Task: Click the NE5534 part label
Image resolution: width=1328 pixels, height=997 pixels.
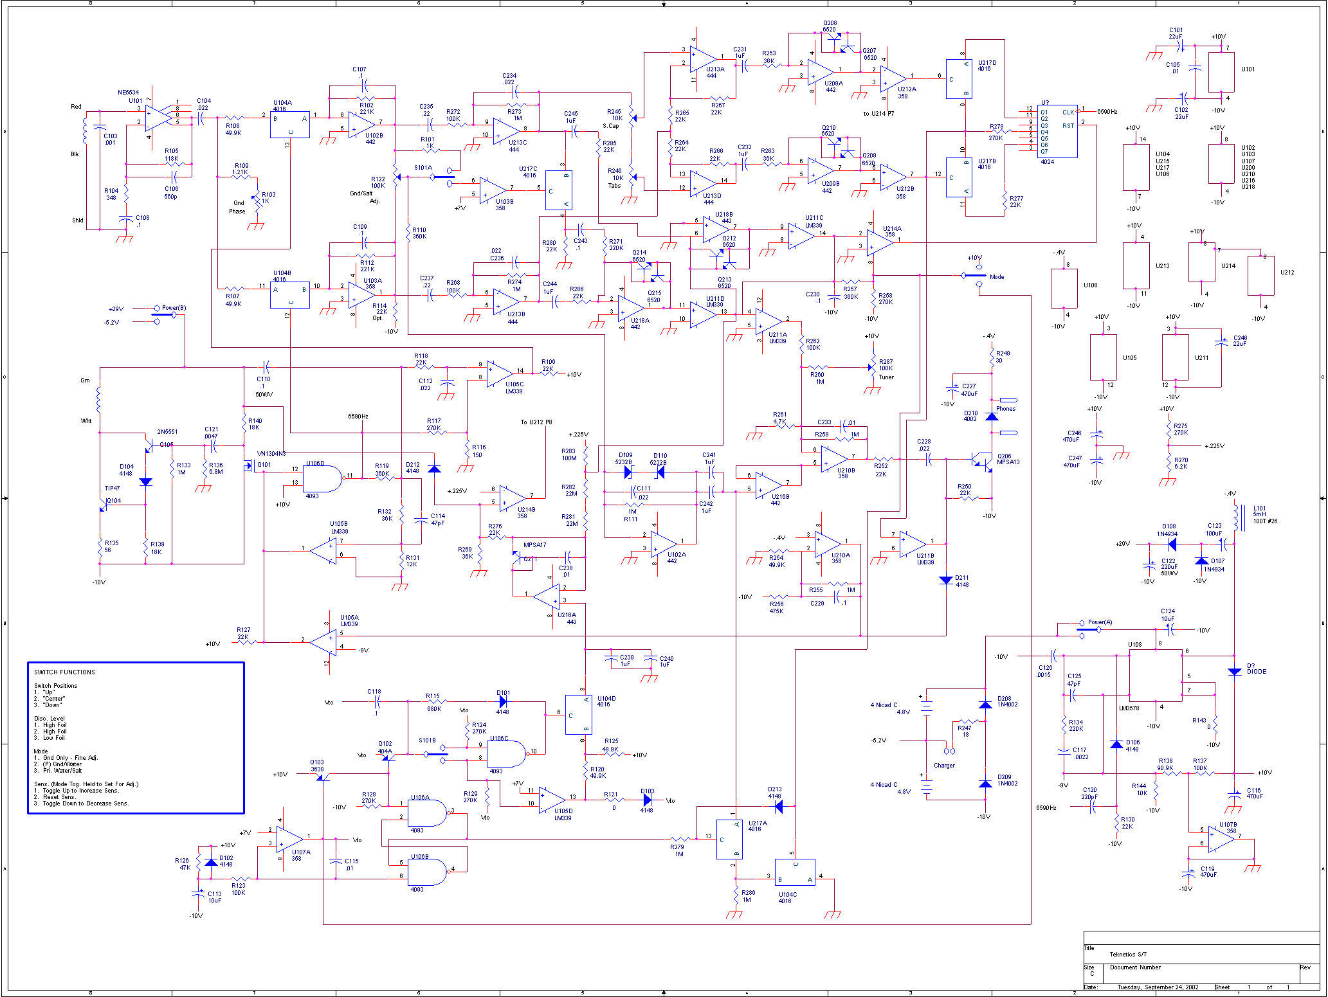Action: pyautogui.click(x=128, y=93)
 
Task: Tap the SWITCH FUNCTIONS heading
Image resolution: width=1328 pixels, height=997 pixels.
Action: pyautogui.click(x=64, y=672)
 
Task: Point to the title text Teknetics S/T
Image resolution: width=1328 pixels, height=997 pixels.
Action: pyautogui.click(x=1128, y=955)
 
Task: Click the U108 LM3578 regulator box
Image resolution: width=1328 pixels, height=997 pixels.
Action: pyautogui.click(x=1155, y=675)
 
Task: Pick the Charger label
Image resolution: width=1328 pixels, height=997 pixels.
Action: pyautogui.click(x=944, y=766)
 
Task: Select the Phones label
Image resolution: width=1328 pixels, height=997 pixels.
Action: pyautogui.click(x=1005, y=409)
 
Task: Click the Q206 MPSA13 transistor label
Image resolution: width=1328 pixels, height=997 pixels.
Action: pyautogui.click(x=1008, y=459)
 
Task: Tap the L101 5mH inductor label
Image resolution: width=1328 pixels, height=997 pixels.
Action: pyautogui.click(x=1264, y=514)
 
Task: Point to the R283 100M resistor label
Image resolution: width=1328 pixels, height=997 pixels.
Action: pyautogui.click(x=568, y=454)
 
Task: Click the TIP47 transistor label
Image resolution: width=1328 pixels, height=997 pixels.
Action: pyautogui.click(x=112, y=489)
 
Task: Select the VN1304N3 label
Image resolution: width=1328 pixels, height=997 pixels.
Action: pyautogui.click(x=271, y=454)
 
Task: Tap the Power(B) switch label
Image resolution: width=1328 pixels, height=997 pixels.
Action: pyautogui.click(x=174, y=308)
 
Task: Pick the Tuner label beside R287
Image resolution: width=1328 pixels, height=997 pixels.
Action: pyautogui.click(x=886, y=377)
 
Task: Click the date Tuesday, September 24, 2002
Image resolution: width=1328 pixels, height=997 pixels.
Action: pyautogui.click(x=1158, y=987)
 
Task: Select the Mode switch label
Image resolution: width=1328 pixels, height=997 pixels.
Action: pyautogui.click(x=997, y=277)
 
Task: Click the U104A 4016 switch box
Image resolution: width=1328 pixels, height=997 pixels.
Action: pyautogui.click(x=289, y=125)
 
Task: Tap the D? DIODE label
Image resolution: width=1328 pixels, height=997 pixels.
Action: pyautogui.click(x=1256, y=669)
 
